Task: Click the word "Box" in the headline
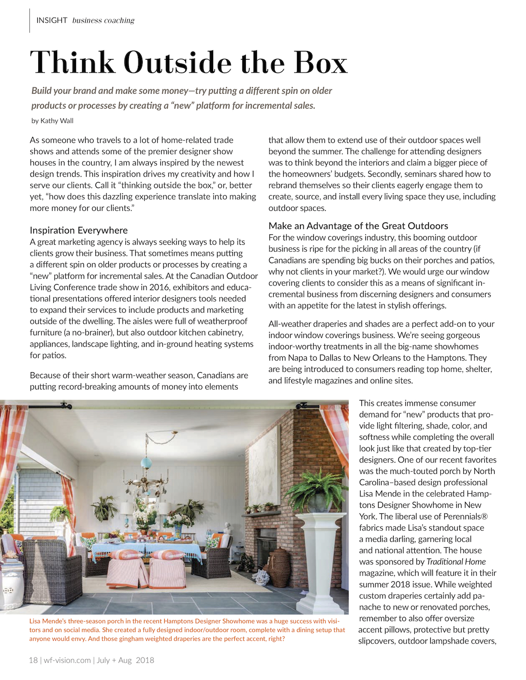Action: click(x=320, y=63)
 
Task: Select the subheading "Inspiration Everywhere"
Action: click(x=79, y=231)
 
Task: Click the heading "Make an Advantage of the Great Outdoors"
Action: click(x=358, y=226)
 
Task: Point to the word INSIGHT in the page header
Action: click(x=52, y=20)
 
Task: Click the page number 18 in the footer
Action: click(x=33, y=660)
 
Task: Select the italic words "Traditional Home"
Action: click(x=456, y=562)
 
